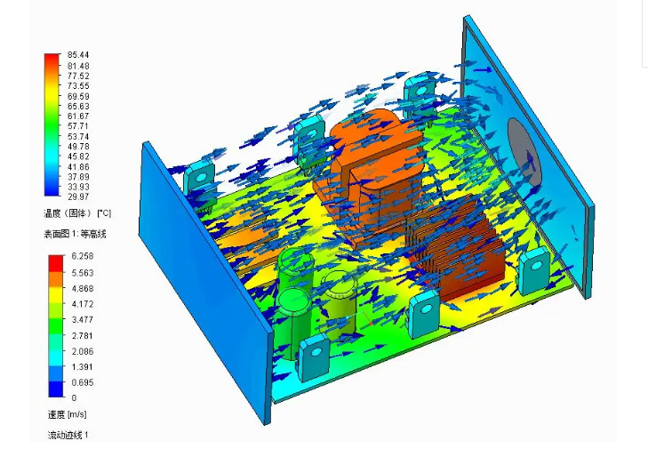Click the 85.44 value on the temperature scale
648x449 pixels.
[78, 55]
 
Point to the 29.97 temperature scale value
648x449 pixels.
[78, 196]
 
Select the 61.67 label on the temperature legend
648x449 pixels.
[78, 116]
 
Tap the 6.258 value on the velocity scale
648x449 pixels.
[83, 256]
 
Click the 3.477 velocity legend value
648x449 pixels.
[83, 319]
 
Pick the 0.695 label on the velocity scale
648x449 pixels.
[83, 382]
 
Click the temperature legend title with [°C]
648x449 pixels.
[77, 213]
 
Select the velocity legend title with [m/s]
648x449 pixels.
[68, 414]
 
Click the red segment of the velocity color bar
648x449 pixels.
[56, 263]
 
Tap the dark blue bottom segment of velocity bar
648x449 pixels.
[56, 389]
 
